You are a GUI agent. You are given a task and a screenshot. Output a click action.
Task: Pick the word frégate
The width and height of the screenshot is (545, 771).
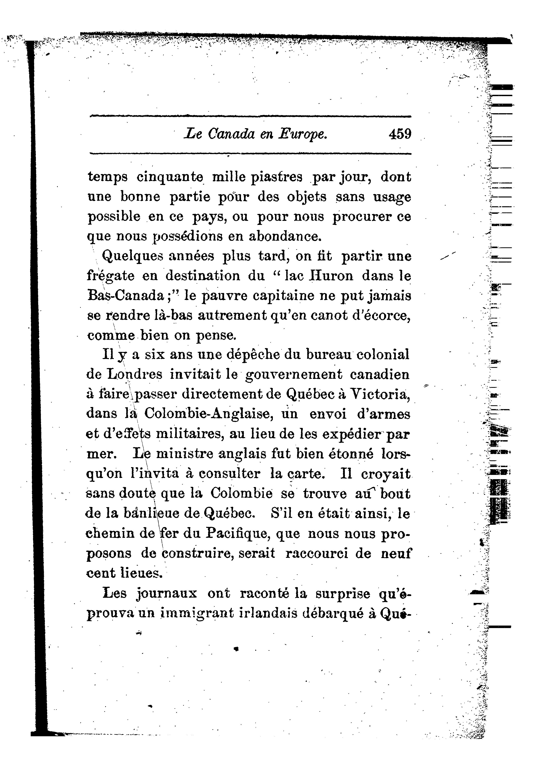(111, 276)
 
